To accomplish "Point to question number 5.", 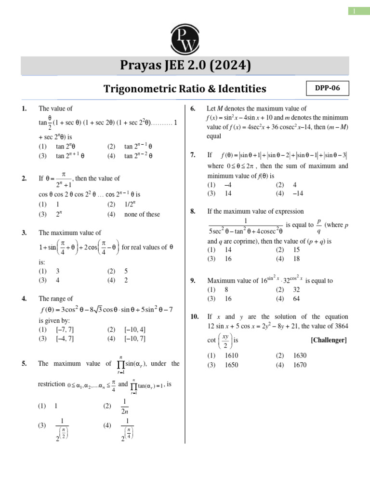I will click(x=24, y=364).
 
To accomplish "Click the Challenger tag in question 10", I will click(x=329, y=340).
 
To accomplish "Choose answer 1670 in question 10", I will click(x=300, y=365).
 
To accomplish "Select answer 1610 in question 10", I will click(x=232, y=356).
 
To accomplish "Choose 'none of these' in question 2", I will click(x=142, y=214).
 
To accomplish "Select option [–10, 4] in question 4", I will click(x=135, y=329).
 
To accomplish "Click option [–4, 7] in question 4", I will click(x=65, y=338).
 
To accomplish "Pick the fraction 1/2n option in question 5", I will click(x=125, y=406).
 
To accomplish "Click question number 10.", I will click(x=195, y=316).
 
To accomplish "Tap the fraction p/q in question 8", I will click(x=318, y=225).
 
